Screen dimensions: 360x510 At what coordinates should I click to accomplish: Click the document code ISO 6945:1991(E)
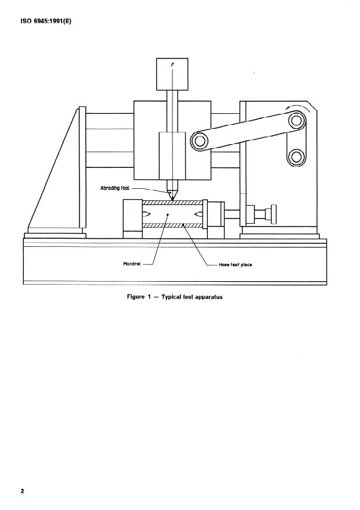click(46, 22)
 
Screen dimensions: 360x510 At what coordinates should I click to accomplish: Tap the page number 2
click(23, 491)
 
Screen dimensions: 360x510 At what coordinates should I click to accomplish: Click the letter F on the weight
click(172, 65)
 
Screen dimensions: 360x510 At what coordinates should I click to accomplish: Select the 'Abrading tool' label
click(115, 188)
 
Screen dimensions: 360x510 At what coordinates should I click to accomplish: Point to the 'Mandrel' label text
click(132, 264)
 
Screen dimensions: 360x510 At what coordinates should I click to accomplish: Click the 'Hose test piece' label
click(235, 265)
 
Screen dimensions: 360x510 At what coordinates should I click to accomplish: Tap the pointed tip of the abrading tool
click(172, 200)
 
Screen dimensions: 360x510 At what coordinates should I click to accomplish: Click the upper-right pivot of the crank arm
click(296, 120)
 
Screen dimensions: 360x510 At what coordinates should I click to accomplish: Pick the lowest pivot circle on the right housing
click(296, 157)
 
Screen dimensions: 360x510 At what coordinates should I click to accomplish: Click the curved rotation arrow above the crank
click(296, 107)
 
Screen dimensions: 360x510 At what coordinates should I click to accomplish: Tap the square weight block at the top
click(172, 74)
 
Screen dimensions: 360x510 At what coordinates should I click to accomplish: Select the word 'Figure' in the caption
click(136, 297)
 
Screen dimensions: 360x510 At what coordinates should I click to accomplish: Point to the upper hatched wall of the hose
click(172, 203)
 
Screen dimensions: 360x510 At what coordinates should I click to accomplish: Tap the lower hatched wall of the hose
click(172, 225)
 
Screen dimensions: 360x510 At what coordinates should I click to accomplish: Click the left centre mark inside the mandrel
click(146, 214)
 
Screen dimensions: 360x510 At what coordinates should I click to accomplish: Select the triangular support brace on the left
click(53, 169)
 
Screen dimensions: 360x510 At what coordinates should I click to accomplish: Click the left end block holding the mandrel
click(133, 219)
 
